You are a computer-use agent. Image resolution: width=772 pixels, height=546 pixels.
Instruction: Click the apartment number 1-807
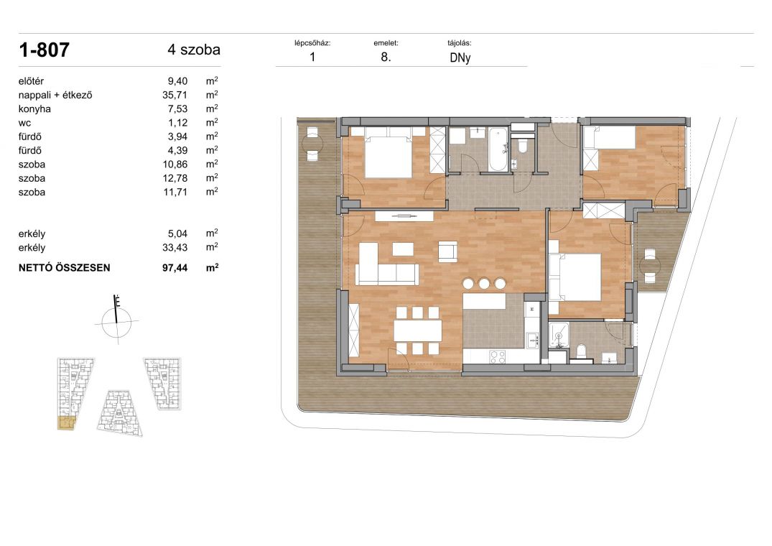coord(44,50)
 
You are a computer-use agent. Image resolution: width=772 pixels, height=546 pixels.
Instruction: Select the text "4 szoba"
coord(193,50)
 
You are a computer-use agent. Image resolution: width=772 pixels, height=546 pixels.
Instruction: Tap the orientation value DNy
coord(460,57)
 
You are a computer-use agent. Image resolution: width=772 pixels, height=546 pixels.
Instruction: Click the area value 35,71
coord(175,95)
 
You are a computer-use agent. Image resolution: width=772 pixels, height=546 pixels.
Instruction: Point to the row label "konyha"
coord(34,108)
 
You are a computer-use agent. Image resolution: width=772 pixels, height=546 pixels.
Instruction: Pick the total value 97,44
coord(175,268)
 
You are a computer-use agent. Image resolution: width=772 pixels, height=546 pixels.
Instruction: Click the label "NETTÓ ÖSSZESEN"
coord(64,268)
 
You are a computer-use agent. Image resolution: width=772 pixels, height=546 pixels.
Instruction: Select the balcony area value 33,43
coord(175,248)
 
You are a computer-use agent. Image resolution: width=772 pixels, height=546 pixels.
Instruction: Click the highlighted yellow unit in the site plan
coord(66,423)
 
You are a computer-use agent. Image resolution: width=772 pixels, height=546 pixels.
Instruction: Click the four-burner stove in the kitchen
coord(498,356)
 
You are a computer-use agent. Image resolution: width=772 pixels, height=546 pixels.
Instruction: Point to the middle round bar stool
coord(484,283)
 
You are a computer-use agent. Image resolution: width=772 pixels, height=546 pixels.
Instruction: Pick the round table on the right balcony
coord(650,267)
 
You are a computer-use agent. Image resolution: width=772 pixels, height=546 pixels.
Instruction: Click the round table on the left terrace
coord(312,144)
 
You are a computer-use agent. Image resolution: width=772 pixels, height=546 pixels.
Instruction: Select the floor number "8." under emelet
coord(386,57)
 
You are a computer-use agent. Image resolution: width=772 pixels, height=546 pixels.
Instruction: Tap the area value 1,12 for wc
coord(177,123)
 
